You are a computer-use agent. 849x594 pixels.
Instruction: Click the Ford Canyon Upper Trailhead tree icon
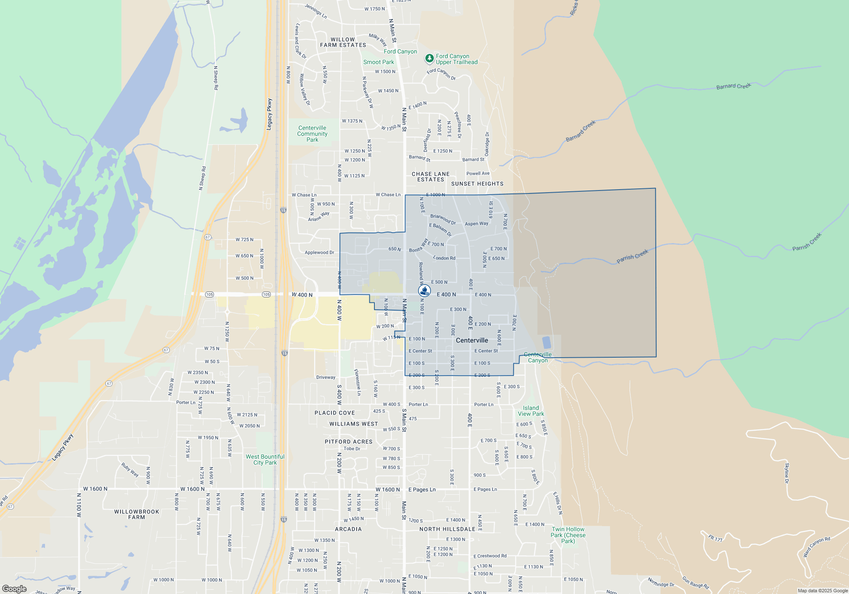[429, 58]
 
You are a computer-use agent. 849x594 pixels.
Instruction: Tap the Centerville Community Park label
[312, 134]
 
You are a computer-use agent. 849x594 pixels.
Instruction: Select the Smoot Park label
[378, 62]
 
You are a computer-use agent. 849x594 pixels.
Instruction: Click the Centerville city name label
[472, 340]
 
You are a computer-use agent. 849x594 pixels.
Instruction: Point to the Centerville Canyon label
[538, 357]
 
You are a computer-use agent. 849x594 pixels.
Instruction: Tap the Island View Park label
[531, 411]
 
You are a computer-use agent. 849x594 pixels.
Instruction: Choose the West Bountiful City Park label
[265, 460]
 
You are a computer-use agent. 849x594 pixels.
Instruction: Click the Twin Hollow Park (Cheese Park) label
[568, 535]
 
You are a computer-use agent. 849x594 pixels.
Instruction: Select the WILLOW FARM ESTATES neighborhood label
[343, 42]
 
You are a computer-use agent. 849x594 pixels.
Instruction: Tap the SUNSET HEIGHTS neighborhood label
[477, 184]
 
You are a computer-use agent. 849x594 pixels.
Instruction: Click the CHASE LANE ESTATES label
[430, 177]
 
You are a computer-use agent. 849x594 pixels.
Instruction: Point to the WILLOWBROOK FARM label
[137, 514]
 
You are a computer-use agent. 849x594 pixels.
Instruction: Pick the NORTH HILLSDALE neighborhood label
[447, 529]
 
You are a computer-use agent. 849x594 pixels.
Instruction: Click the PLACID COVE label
[335, 413]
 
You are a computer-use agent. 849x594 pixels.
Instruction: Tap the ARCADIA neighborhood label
[348, 529]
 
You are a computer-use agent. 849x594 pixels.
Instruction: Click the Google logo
[14, 588]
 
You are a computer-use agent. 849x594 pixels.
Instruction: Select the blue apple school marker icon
[424, 291]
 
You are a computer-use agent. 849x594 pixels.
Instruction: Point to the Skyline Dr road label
[787, 473]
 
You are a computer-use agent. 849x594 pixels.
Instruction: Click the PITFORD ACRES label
[349, 442]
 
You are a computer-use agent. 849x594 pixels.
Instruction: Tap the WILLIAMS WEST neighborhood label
[354, 424]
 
